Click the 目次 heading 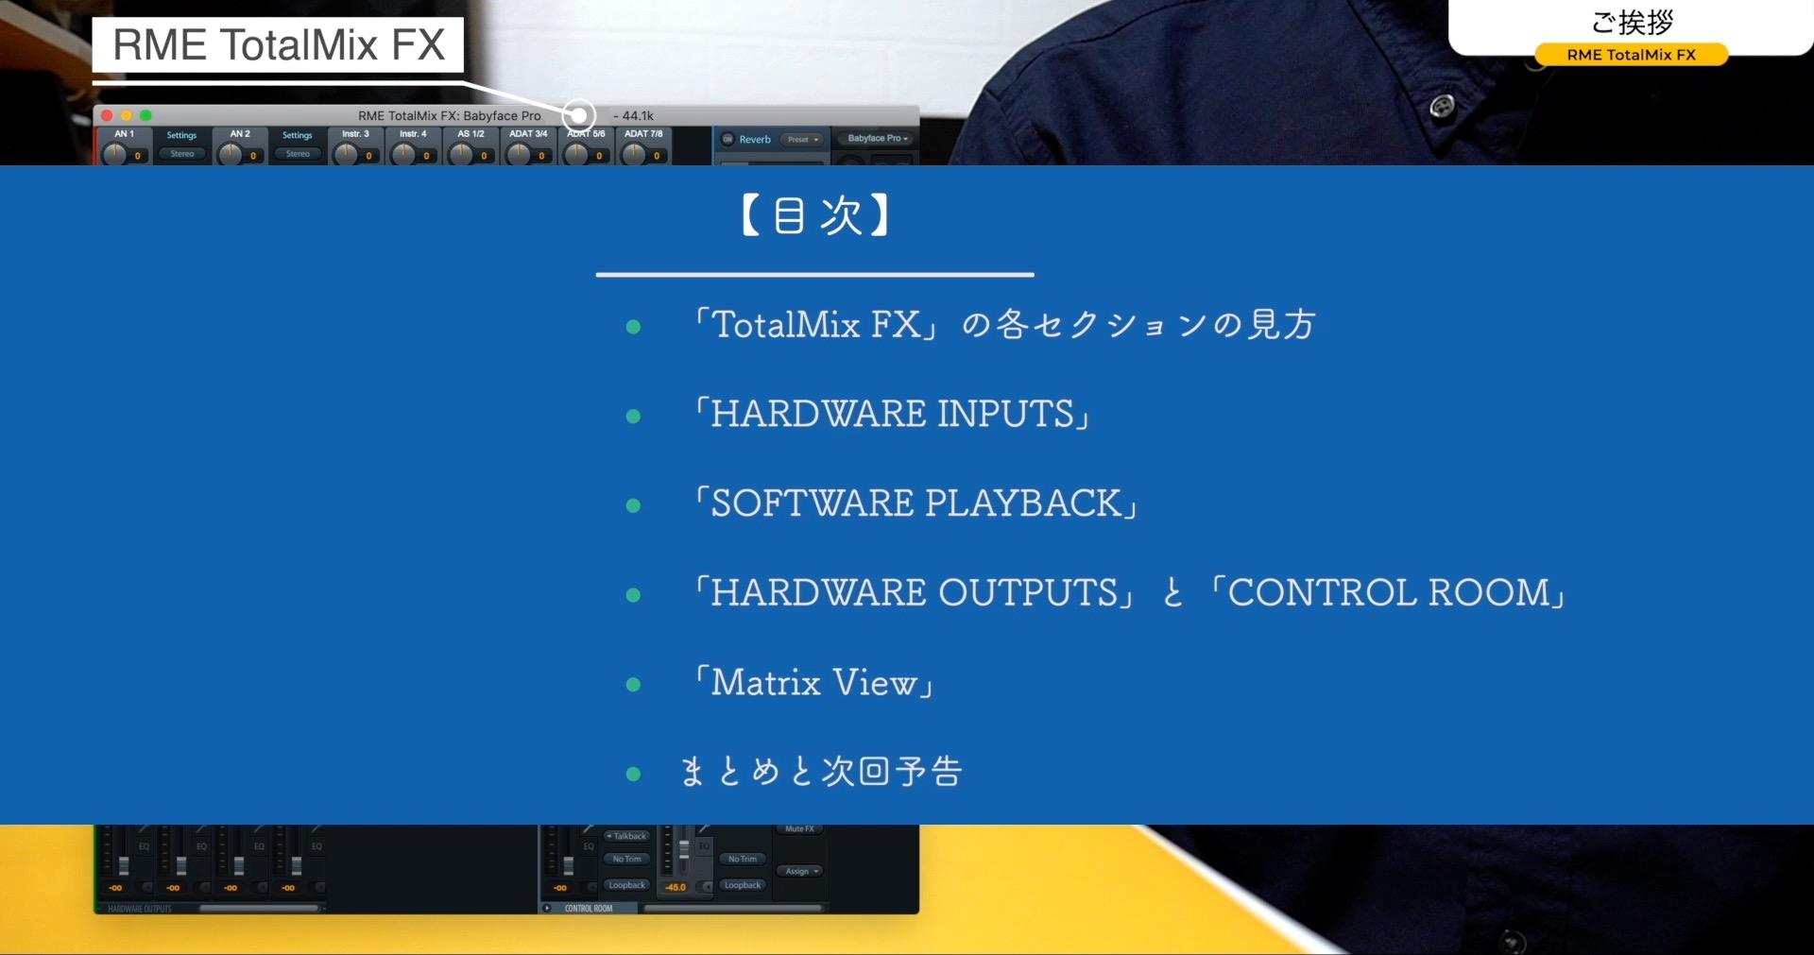pyautogui.click(x=814, y=215)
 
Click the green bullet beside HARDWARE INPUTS pyautogui.click(x=633, y=416)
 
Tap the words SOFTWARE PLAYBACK pyautogui.click(x=915, y=503)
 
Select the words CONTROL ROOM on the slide pyautogui.click(x=1388, y=593)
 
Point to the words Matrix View pyautogui.click(x=813, y=682)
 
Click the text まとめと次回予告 pyautogui.click(x=821, y=772)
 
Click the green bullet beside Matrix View pyautogui.click(x=633, y=684)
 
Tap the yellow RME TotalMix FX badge pyautogui.click(x=1631, y=55)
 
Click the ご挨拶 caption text pyautogui.click(x=1631, y=22)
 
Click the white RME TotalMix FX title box pyautogui.click(x=278, y=44)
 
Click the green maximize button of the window pyautogui.click(x=145, y=115)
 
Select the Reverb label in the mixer pyautogui.click(x=755, y=139)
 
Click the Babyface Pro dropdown pyautogui.click(x=877, y=139)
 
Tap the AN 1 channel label pyautogui.click(x=124, y=134)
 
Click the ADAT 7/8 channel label pyautogui.click(x=643, y=134)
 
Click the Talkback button pyautogui.click(x=627, y=836)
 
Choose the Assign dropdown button pyautogui.click(x=800, y=871)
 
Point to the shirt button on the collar pyautogui.click(x=1442, y=106)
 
